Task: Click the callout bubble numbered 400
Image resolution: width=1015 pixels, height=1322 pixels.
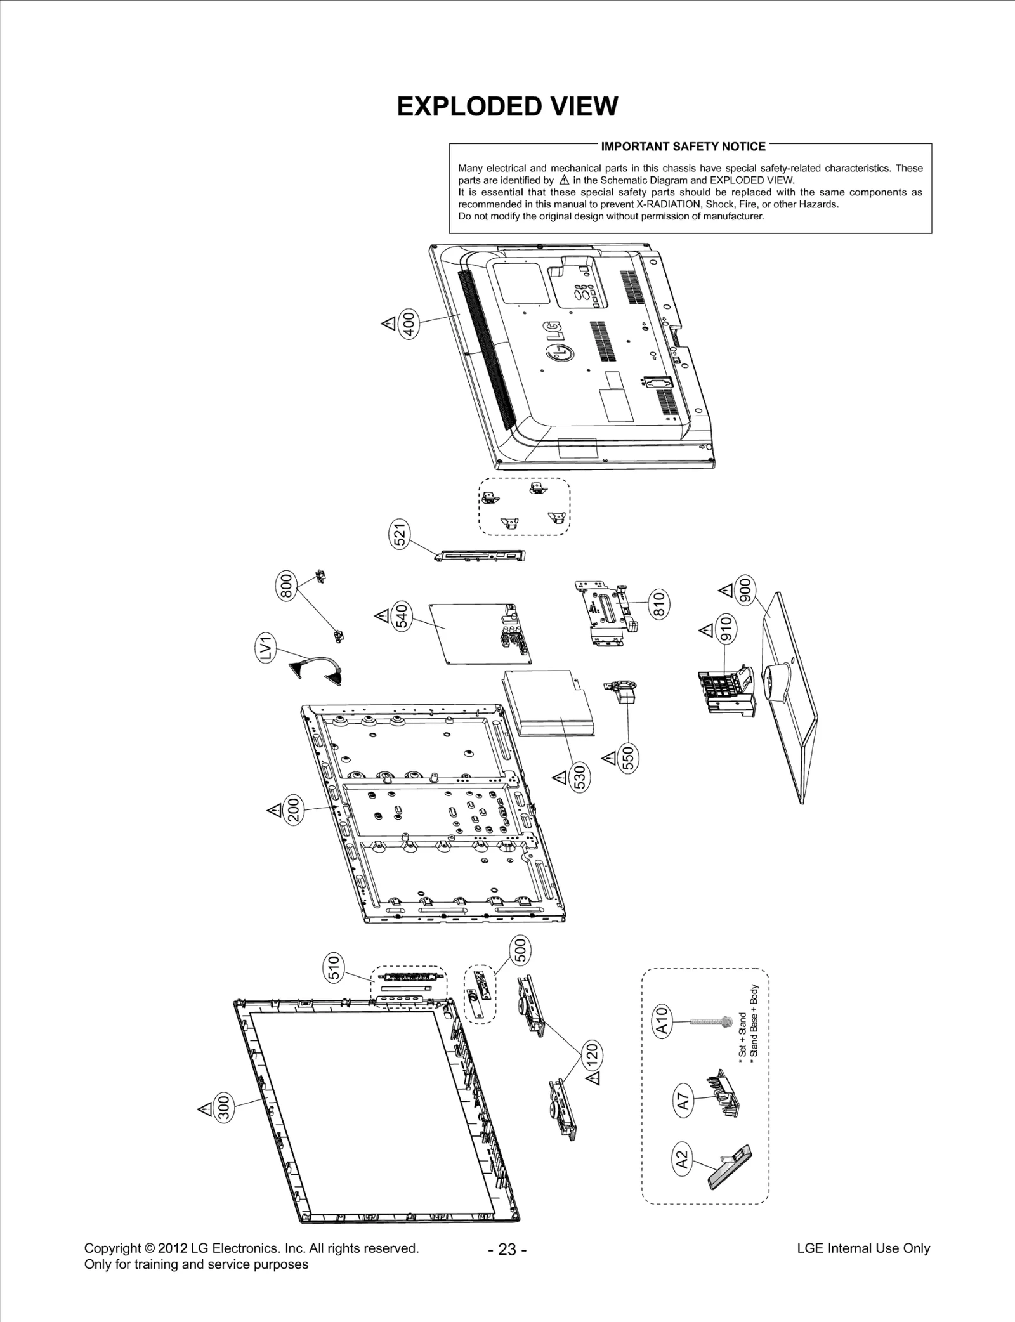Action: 410,324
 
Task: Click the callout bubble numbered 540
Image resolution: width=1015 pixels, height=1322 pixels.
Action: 403,616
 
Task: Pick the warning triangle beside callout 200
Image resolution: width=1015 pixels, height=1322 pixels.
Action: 274,810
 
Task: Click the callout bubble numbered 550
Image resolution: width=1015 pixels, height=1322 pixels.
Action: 629,759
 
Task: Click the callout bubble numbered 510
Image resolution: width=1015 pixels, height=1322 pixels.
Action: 334,968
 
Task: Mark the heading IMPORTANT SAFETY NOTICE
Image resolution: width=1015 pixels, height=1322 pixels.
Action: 683,147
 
